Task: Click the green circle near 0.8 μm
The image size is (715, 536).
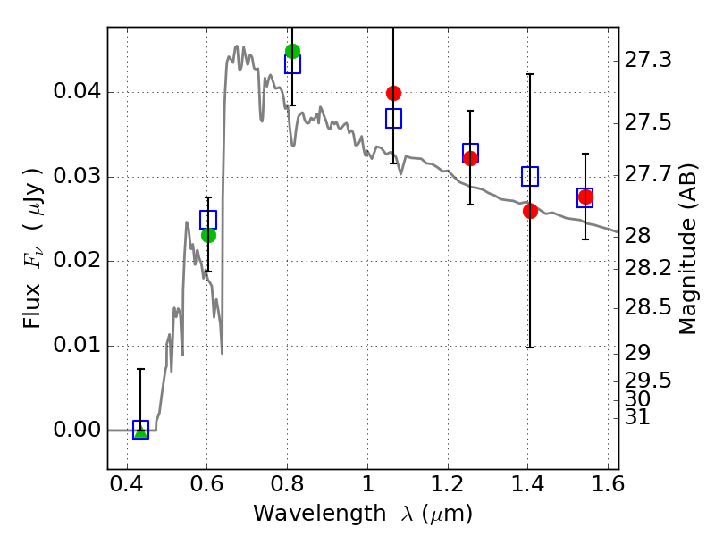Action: click(292, 51)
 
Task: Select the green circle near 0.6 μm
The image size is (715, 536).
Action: click(208, 235)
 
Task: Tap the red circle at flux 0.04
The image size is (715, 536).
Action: click(393, 94)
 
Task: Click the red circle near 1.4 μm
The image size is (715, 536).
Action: click(530, 211)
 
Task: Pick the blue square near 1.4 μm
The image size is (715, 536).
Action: click(530, 176)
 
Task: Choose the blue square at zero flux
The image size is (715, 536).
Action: click(140, 430)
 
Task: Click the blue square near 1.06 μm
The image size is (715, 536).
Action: click(393, 119)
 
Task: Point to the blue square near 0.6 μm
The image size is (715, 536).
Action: click(208, 220)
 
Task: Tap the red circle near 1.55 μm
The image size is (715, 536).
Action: click(585, 197)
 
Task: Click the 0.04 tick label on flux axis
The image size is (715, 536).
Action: click(77, 92)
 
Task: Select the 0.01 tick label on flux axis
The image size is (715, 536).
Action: click(77, 345)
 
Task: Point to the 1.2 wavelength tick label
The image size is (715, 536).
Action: click(448, 484)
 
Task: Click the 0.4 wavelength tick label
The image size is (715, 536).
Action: click(127, 484)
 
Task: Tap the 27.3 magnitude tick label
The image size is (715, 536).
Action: click(648, 60)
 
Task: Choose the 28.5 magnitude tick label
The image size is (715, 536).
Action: click(648, 307)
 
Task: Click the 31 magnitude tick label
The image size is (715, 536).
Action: click(637, 416)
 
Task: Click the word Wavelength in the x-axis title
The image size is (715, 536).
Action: click(320, 514)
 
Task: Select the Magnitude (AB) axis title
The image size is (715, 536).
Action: click(687, 249)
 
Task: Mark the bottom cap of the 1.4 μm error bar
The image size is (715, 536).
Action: click(530, 348)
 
